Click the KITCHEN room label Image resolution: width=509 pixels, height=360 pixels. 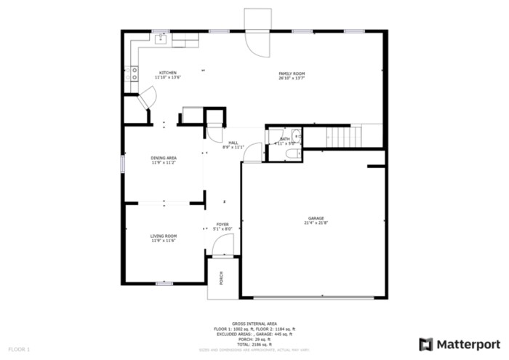pyautogui.click(x=169, y=72)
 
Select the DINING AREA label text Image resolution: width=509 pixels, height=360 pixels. pyautogui.click(x=164, y=158)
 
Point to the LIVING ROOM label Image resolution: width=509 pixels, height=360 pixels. pyautogui.click(x=164, y=236)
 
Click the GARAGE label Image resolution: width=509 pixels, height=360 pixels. pyautogui.click(x=316, y=218)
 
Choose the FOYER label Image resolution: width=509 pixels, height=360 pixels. pyautogui.click(x=222, y=225)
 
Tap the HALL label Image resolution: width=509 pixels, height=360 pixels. pyautogui.click(x=233, y=143)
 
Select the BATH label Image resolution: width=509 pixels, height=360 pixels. pyautogui.click(x=284, y=138)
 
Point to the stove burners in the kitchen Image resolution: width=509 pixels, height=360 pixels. pyautogui.click(x=134, y=73)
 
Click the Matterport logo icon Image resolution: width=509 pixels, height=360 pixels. pyautogui.click(x=426, y=343)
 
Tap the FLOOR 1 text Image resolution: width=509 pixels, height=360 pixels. pyautogui.click(x=20, y=350)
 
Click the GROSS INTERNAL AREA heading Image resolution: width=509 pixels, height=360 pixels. pyautogui.click(x=254, y=324)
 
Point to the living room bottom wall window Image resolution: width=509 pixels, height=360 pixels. pyautogui.click(x=164, y=283)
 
